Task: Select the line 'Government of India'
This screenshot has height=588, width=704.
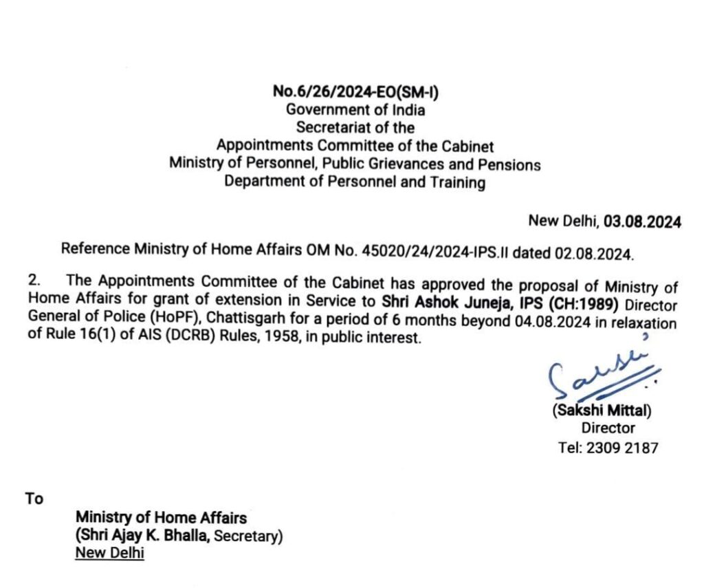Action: coord(355,109)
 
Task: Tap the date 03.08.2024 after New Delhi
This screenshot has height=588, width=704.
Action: coord(642,221)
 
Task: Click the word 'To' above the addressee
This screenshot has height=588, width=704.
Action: coord(34,499)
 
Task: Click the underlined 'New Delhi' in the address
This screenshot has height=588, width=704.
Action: coord(110,553)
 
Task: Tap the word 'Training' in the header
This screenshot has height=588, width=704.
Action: coord(459,182)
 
